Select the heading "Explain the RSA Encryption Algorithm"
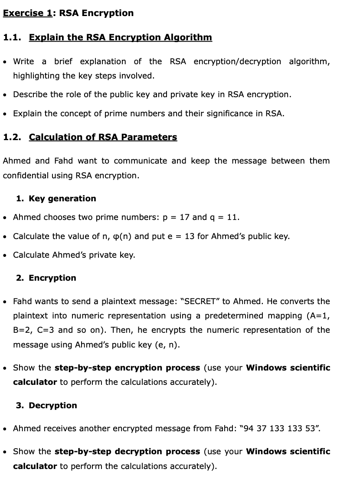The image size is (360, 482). (x=120, y=37)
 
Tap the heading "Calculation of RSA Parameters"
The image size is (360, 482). (x=103, y=137)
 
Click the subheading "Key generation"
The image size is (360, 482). (x=62, y=199)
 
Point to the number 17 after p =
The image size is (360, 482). (x=184, y=217)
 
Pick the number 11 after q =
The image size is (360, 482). (x=233, y=217)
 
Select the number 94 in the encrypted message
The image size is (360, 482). (x=249, y=429)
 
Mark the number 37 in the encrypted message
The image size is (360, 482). (x=262, y=429)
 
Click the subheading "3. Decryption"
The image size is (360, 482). (x=46, y=406)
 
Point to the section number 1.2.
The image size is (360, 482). (x=12, y=137)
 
